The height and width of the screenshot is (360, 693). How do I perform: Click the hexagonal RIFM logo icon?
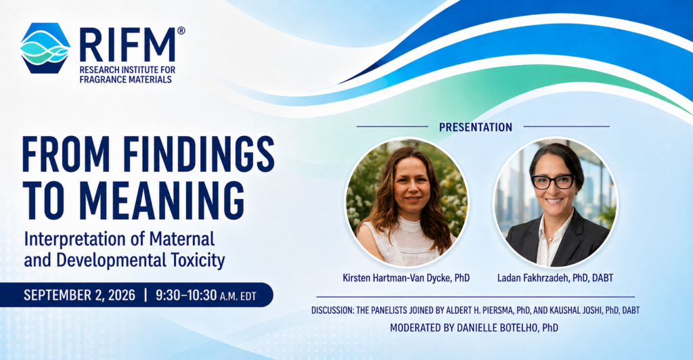click(x=45, y=48)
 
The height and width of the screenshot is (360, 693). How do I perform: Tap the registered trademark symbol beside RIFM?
click(x=181, y=30)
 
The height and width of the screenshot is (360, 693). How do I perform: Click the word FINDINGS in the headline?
click(x=198, y=154)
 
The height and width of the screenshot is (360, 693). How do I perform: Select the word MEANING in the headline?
click(x=162, y=200)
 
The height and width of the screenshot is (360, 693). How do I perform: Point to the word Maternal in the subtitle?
click(x=181, y=239)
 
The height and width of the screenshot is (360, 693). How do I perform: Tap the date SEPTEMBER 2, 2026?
click(x=80, y=295)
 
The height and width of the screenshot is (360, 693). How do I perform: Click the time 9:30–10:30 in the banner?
click(x=186, y=295)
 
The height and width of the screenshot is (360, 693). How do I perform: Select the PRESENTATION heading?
click(x=476, y=127)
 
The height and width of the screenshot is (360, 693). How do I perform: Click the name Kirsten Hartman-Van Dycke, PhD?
click(x=406, y=278)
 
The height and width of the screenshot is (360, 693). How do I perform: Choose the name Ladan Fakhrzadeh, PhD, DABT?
click(x=555, y=278)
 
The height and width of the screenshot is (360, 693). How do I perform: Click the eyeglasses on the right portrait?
click(x=553, y=181)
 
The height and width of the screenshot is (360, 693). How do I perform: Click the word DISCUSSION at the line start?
click(x=332, y=311)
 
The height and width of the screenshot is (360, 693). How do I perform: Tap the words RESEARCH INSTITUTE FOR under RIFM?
click(x=127, y=70)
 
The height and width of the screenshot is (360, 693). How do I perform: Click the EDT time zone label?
click(x=248, y=296)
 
